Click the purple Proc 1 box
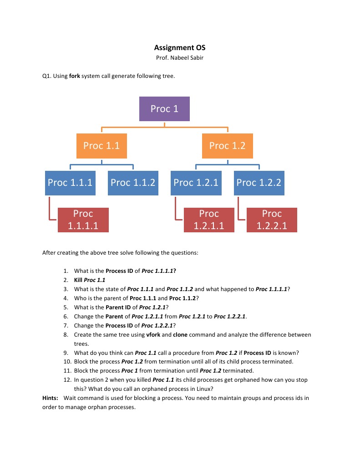(164, 109)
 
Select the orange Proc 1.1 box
(101, 145)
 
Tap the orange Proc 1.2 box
(227, 145)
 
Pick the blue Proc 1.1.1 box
(70, 183)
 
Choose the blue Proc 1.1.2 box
(133, 183)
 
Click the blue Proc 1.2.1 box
(196, 183)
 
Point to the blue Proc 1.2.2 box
(259, 183)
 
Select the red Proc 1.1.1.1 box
(83, 220)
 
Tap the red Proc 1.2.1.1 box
(209, 220)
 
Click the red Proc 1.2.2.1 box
(272, 220)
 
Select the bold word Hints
(50, 398)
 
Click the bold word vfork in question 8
(153, 334)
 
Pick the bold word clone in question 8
(181, 334)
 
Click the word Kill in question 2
(78, 280)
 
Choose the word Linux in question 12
(204, 389)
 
